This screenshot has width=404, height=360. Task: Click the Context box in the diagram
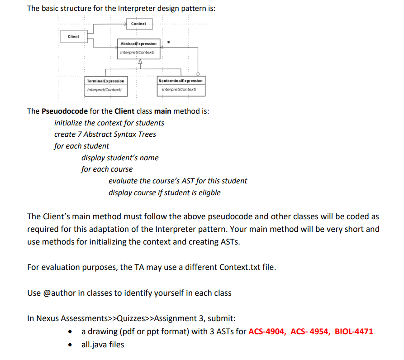138,24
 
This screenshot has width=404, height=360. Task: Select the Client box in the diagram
73,37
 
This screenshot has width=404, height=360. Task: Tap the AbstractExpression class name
138,43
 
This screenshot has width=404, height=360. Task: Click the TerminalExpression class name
105,81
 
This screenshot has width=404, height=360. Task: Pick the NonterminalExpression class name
181,81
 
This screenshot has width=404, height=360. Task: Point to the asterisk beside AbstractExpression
168,43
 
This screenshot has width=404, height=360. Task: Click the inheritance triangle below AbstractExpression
140,62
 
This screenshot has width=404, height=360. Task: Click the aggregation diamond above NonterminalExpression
198,73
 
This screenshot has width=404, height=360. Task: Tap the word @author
57,293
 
